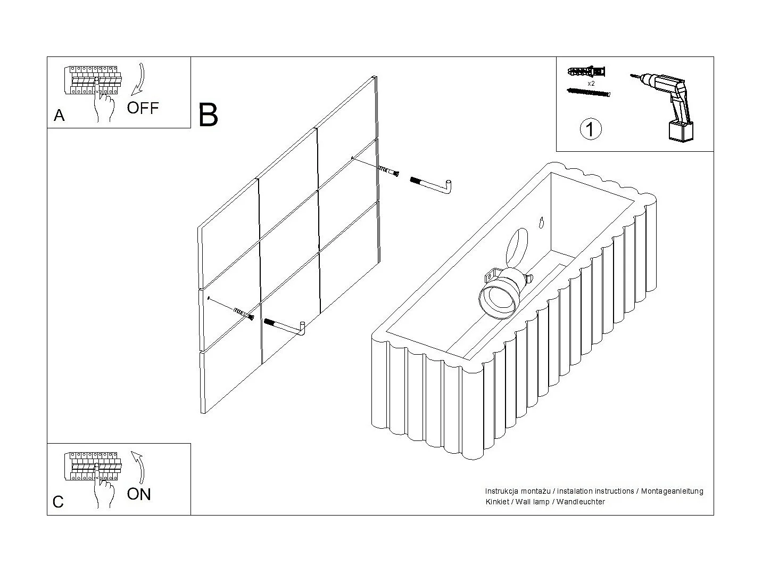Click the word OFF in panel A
(143, 108)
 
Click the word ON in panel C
(139, 494)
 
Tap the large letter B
(208, 116)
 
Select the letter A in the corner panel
(59, 116)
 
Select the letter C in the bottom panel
(59, 502)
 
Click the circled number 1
(590, 129)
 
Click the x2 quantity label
(591, 84)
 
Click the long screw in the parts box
(588, 93)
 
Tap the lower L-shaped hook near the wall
(286, 326)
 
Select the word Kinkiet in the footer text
(496, 502)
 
